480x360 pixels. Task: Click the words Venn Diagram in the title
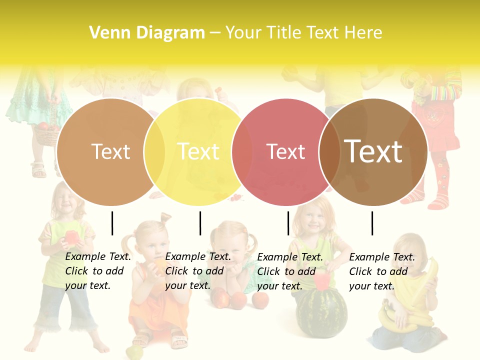(x=147, y=33)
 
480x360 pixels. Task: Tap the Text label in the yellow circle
(x=198, y=151)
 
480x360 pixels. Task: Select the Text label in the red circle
(x=285, y=151)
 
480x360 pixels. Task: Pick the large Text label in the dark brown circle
(x=373, y=151)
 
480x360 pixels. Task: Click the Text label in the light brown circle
(x=110, y=151)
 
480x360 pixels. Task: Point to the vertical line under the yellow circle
(x=200, y=223)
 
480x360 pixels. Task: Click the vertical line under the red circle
(x=288, y=223)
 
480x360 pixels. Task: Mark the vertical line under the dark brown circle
(x=372, y=223)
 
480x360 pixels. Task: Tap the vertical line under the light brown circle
(x=112, y=223)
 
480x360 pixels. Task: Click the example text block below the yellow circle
(x=197, y=271)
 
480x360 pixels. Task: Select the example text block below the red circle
(x=289, y=271)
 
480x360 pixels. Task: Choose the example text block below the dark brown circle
(x=381, y=271)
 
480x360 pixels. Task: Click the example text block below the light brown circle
(x=97, y=271)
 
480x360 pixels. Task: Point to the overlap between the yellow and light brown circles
(x=154, y=151)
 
